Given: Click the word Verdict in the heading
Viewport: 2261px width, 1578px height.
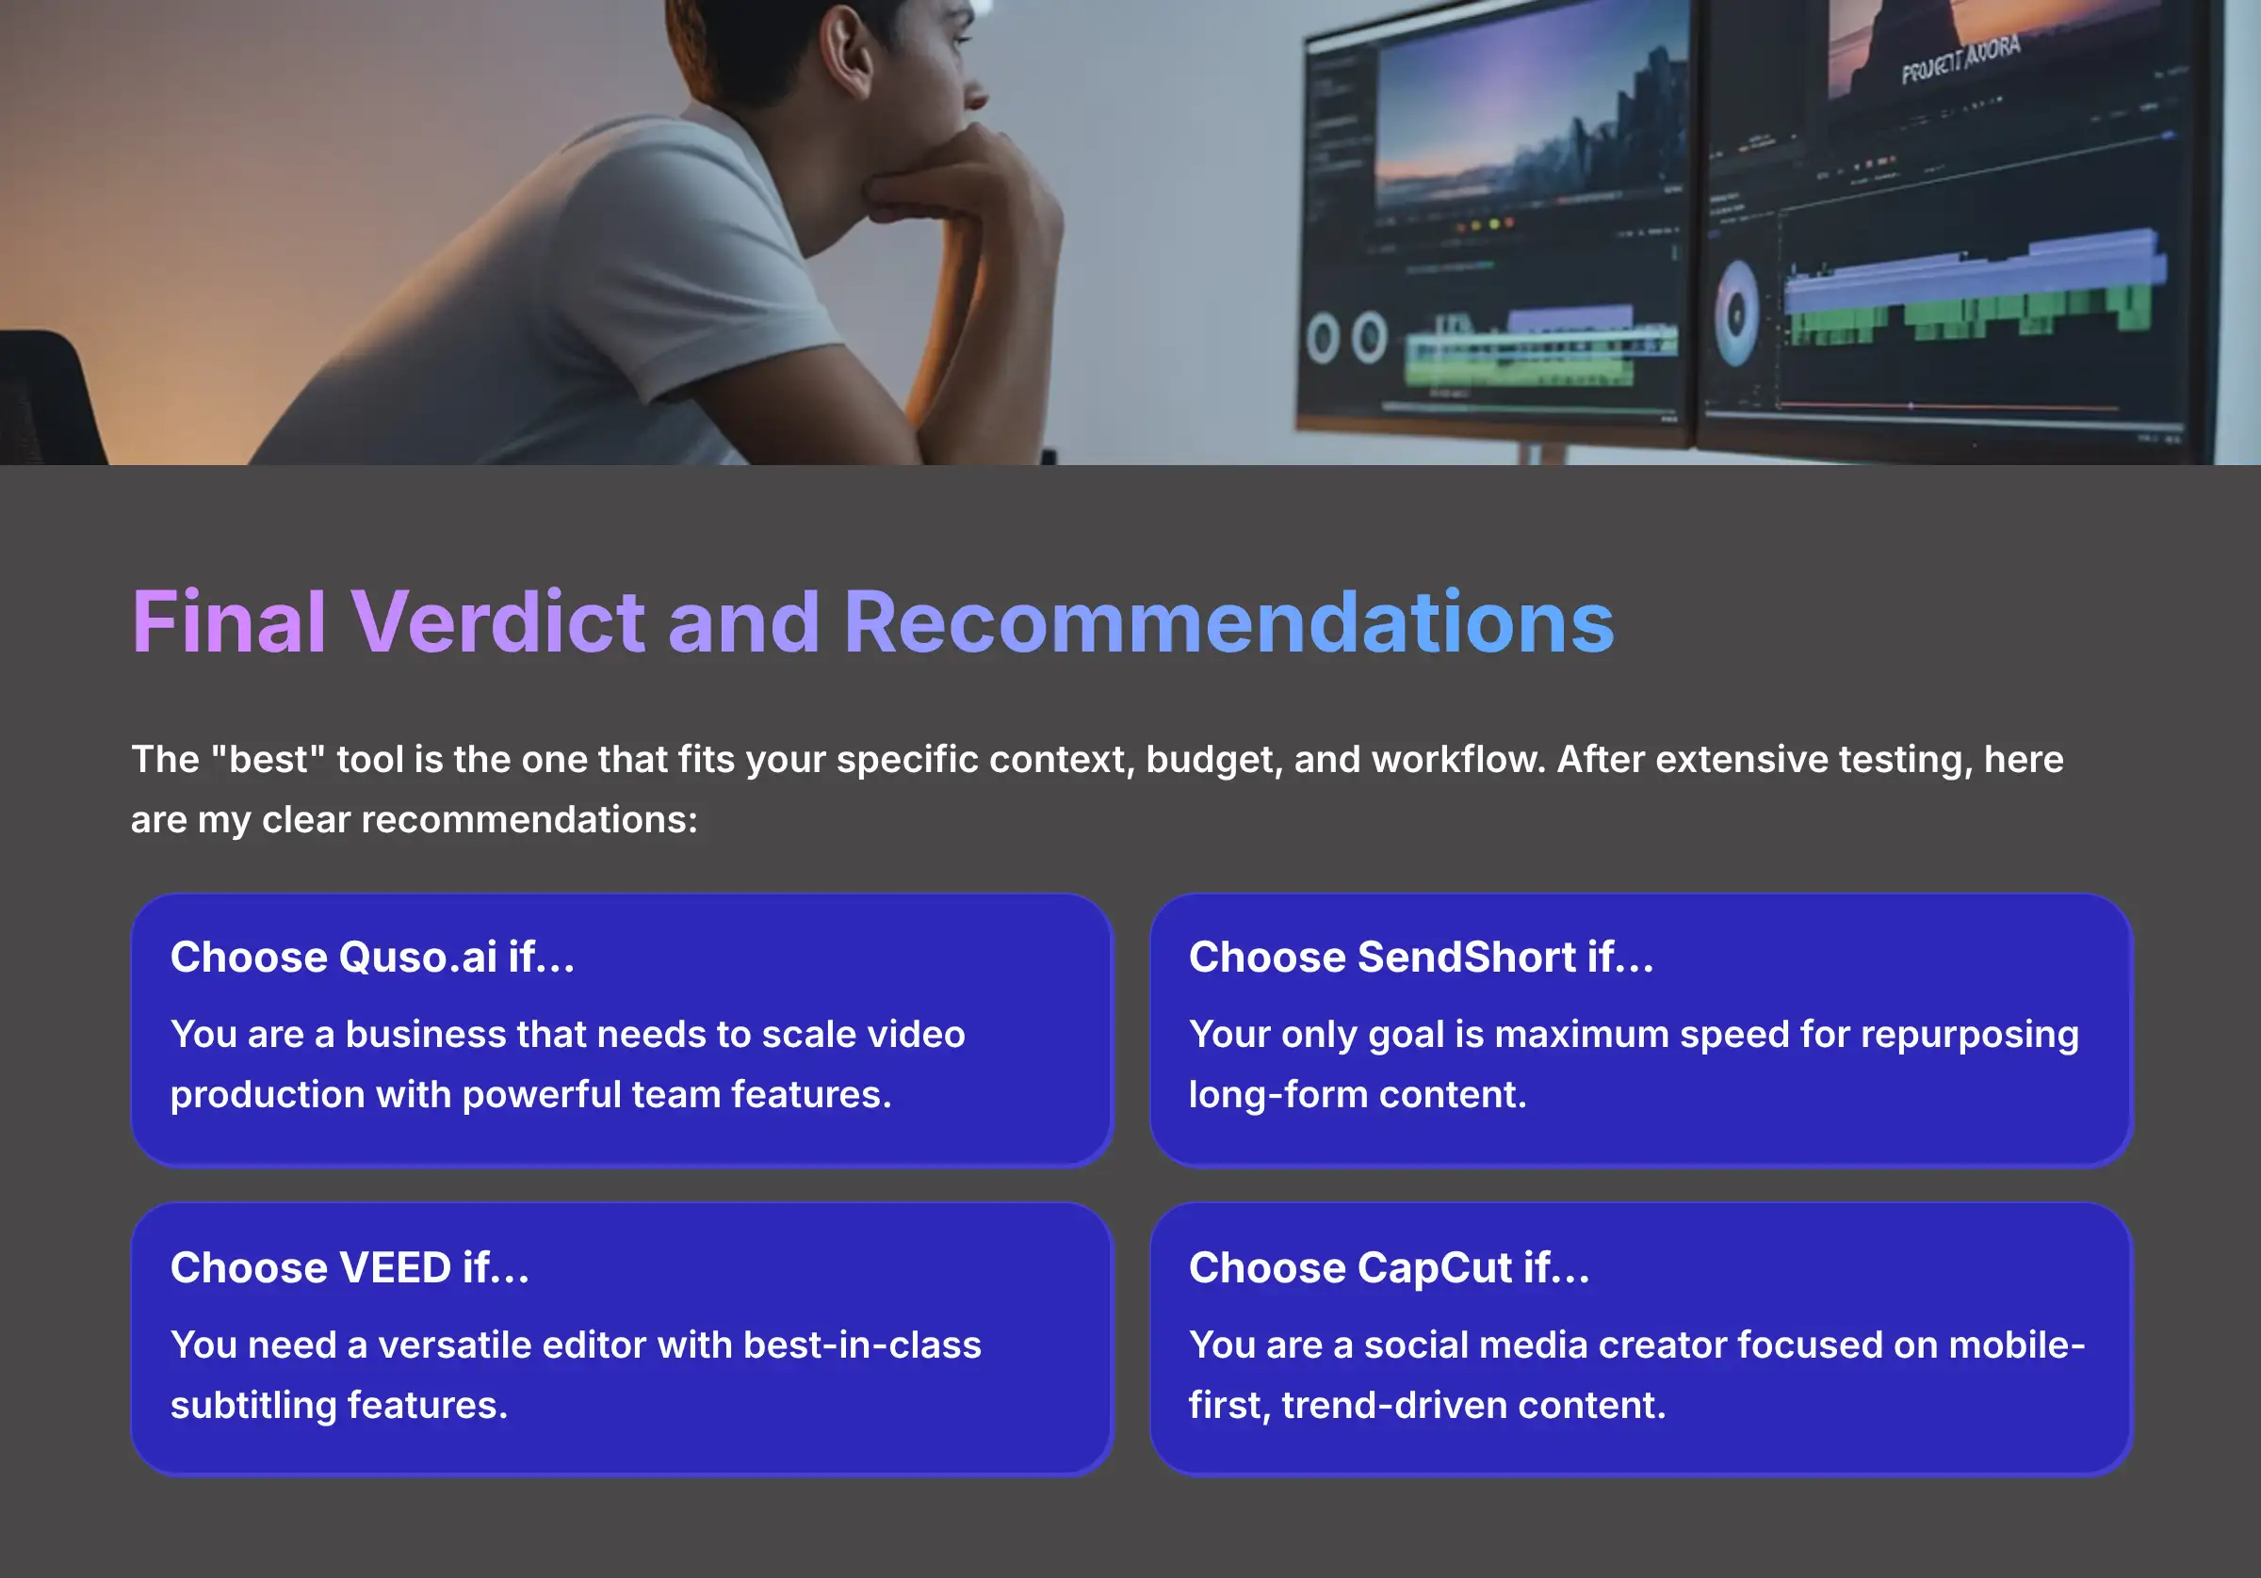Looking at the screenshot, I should coord(497,622).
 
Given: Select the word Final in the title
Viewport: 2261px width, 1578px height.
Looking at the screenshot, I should coord(229,622).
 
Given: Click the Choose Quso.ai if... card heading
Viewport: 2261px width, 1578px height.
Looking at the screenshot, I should coord(372,957).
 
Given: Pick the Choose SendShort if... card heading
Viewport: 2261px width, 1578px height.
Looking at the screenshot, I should coord(1420,957).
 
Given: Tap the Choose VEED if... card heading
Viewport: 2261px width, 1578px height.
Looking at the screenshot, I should coord(350,1268).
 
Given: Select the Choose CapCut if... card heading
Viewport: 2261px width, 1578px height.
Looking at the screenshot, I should coord(1389,1268).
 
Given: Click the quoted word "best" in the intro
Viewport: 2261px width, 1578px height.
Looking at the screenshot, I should coord(268,759).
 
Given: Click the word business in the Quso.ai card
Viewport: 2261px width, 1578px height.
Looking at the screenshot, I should coord(426,1035).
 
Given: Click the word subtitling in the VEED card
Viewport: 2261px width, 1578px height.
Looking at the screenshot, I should coord(253,1406).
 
